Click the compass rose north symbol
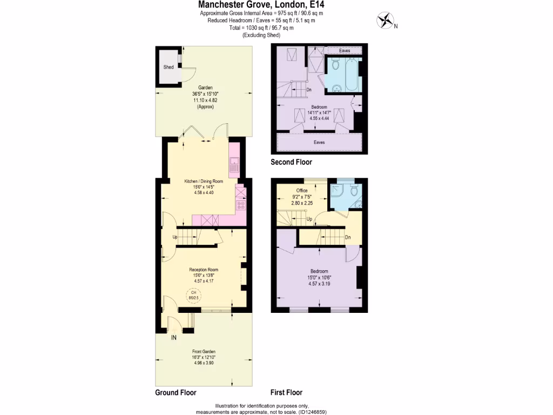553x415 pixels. click(x=386, y=21)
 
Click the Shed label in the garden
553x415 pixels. click(x=168, y=67)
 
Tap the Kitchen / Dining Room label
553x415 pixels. click(x=204, y=181)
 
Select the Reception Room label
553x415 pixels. click(x=204, y=270)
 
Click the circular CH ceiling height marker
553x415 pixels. click(x=193, y=295)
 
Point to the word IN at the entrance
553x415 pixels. click(x=174, y=338)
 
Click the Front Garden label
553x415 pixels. click(x=204, y=352)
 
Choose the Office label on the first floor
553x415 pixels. click(x=302, y=191)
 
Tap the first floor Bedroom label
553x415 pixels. click(x=319, y=271)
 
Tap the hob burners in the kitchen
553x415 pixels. click(x=241, y=205)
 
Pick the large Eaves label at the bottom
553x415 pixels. click(x=320, y=143)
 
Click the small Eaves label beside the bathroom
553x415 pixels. click(x=344, y=51)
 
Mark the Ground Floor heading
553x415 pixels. click(x=176, y=393)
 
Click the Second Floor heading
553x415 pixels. click(x=291, y=162)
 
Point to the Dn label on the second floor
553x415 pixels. click(x=308, y=90)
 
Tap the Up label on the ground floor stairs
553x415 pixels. click(x=175, y=237)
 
